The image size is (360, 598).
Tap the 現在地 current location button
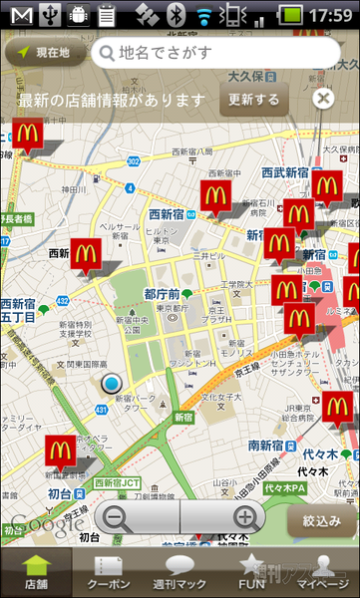pos(45,52)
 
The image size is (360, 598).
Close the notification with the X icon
pos(322,98)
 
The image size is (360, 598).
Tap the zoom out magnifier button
pos(118,517)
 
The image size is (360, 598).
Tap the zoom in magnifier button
pos(244,517)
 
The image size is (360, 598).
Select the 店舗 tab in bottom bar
pos(36,573)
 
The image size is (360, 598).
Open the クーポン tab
pos(108,573)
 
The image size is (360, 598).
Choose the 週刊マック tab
pos(180,573)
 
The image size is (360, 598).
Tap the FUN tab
pos(251,573)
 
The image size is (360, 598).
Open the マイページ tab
pos(322,573)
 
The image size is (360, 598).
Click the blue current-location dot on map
pos(111,384)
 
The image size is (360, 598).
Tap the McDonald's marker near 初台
pos(60,450)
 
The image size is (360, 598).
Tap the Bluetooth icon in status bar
pos(177,15)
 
